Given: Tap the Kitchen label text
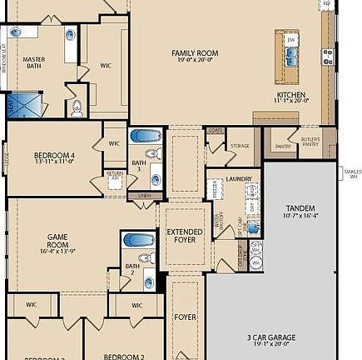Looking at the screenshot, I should coord(290,97).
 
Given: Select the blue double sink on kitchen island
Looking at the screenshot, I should coord(292,57).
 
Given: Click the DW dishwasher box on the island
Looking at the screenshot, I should coord(291,39).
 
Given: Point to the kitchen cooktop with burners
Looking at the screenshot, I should coord(328,57).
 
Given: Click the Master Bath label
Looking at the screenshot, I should coord(34,63).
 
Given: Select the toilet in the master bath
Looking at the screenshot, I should coord(77,107).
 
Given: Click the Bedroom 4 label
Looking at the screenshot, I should coord(54,157).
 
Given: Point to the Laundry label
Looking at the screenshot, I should coord(239,178).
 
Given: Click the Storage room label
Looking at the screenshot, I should coord(240,146).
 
